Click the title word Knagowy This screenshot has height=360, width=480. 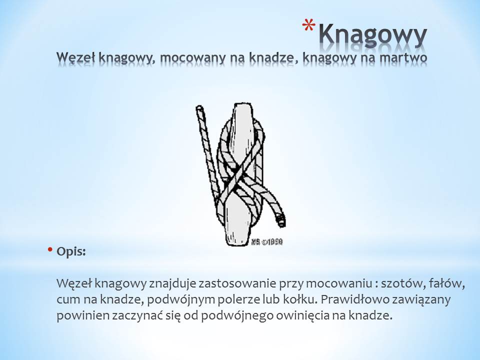(x=372, y=35)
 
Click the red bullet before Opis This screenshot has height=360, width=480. (x=50, y=249)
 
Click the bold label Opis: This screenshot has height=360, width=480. (x=71, y=252)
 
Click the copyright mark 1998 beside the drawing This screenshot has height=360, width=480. (x=267, y=242)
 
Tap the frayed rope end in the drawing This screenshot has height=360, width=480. (x=280, y=220)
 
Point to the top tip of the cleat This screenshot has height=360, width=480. (x=243, y=104)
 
